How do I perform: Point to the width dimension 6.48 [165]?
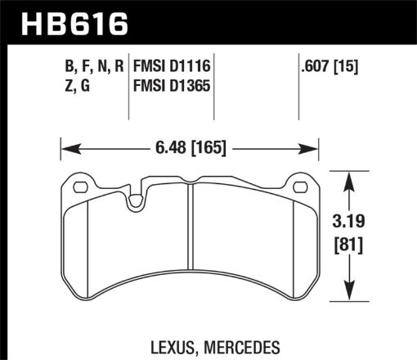coord(190,149)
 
